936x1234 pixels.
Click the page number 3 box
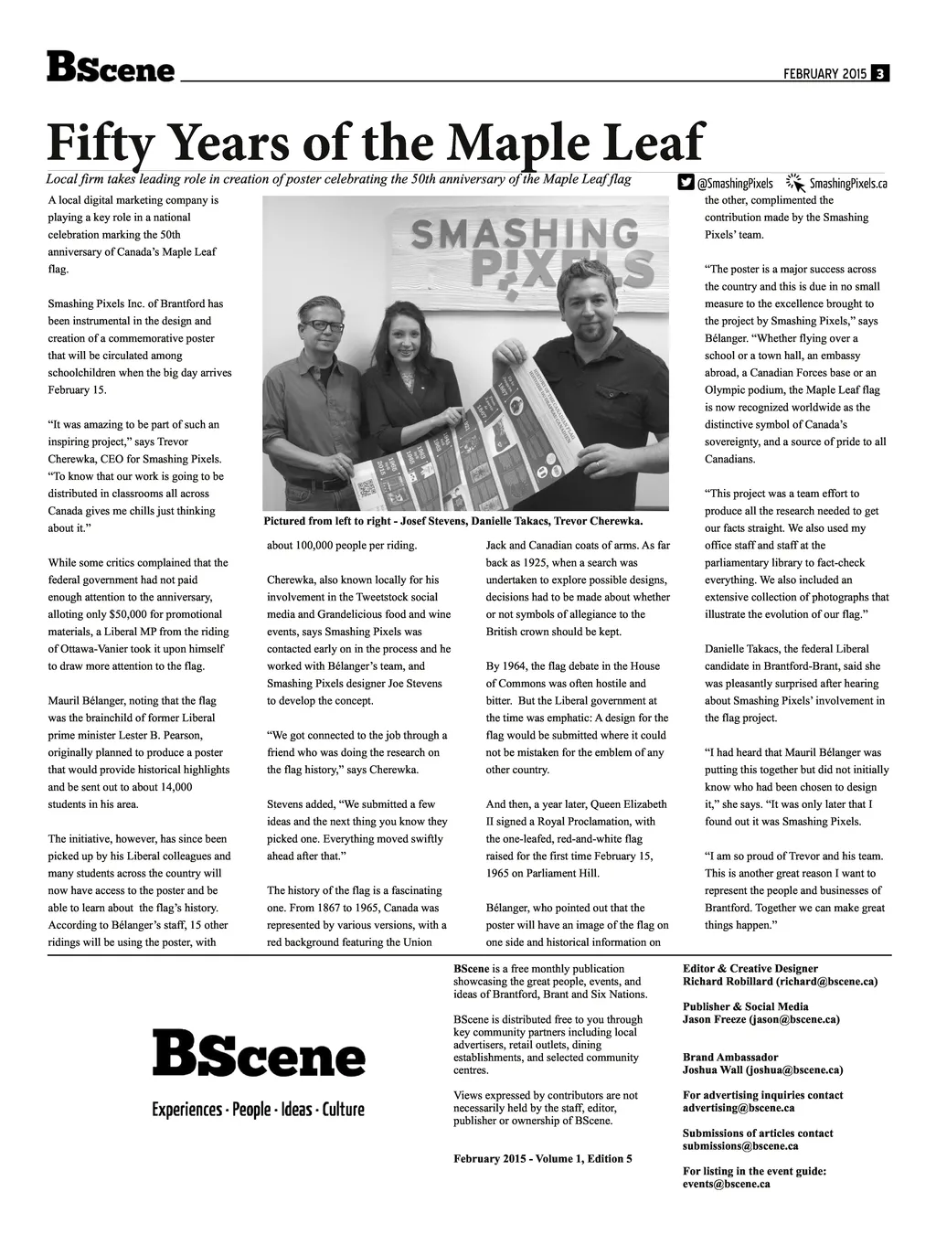coord(879,74)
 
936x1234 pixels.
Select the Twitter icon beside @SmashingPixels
coord(686,183)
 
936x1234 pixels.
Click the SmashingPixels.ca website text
coord(848,184)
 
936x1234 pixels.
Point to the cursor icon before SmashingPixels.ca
coord(794,182)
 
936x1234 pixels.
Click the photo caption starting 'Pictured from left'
coord(453,521)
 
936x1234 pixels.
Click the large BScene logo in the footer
coord(259,1053)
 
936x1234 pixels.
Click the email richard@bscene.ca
coord(826,982)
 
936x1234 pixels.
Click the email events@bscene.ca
coord(727,1184)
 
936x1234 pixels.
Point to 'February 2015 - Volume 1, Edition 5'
coord(543,1159)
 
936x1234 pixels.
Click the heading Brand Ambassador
coord(730,1057)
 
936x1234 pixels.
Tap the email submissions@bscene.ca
coord(740,1145)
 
